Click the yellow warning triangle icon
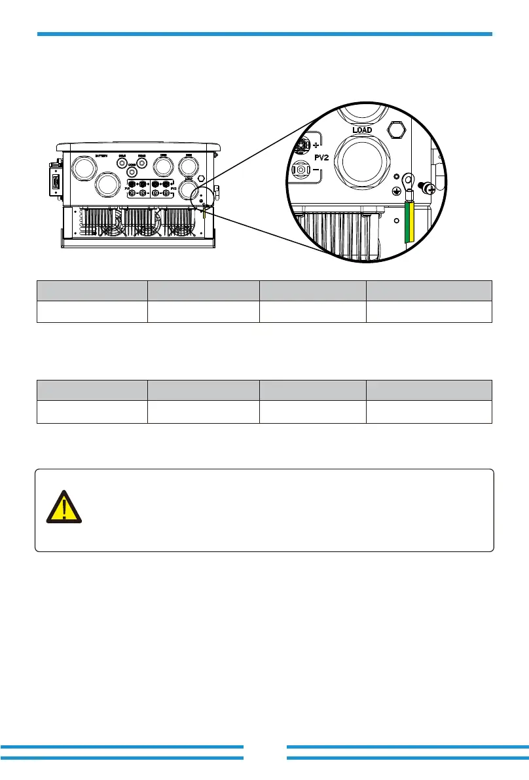point(64,506)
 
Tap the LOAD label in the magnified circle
point(362,130)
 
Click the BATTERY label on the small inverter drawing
point(101,156)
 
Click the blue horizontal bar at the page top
point(264,33)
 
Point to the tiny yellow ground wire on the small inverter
point(204,211)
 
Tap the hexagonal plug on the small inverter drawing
point(201,177)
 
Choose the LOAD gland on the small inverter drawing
point(189,189)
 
